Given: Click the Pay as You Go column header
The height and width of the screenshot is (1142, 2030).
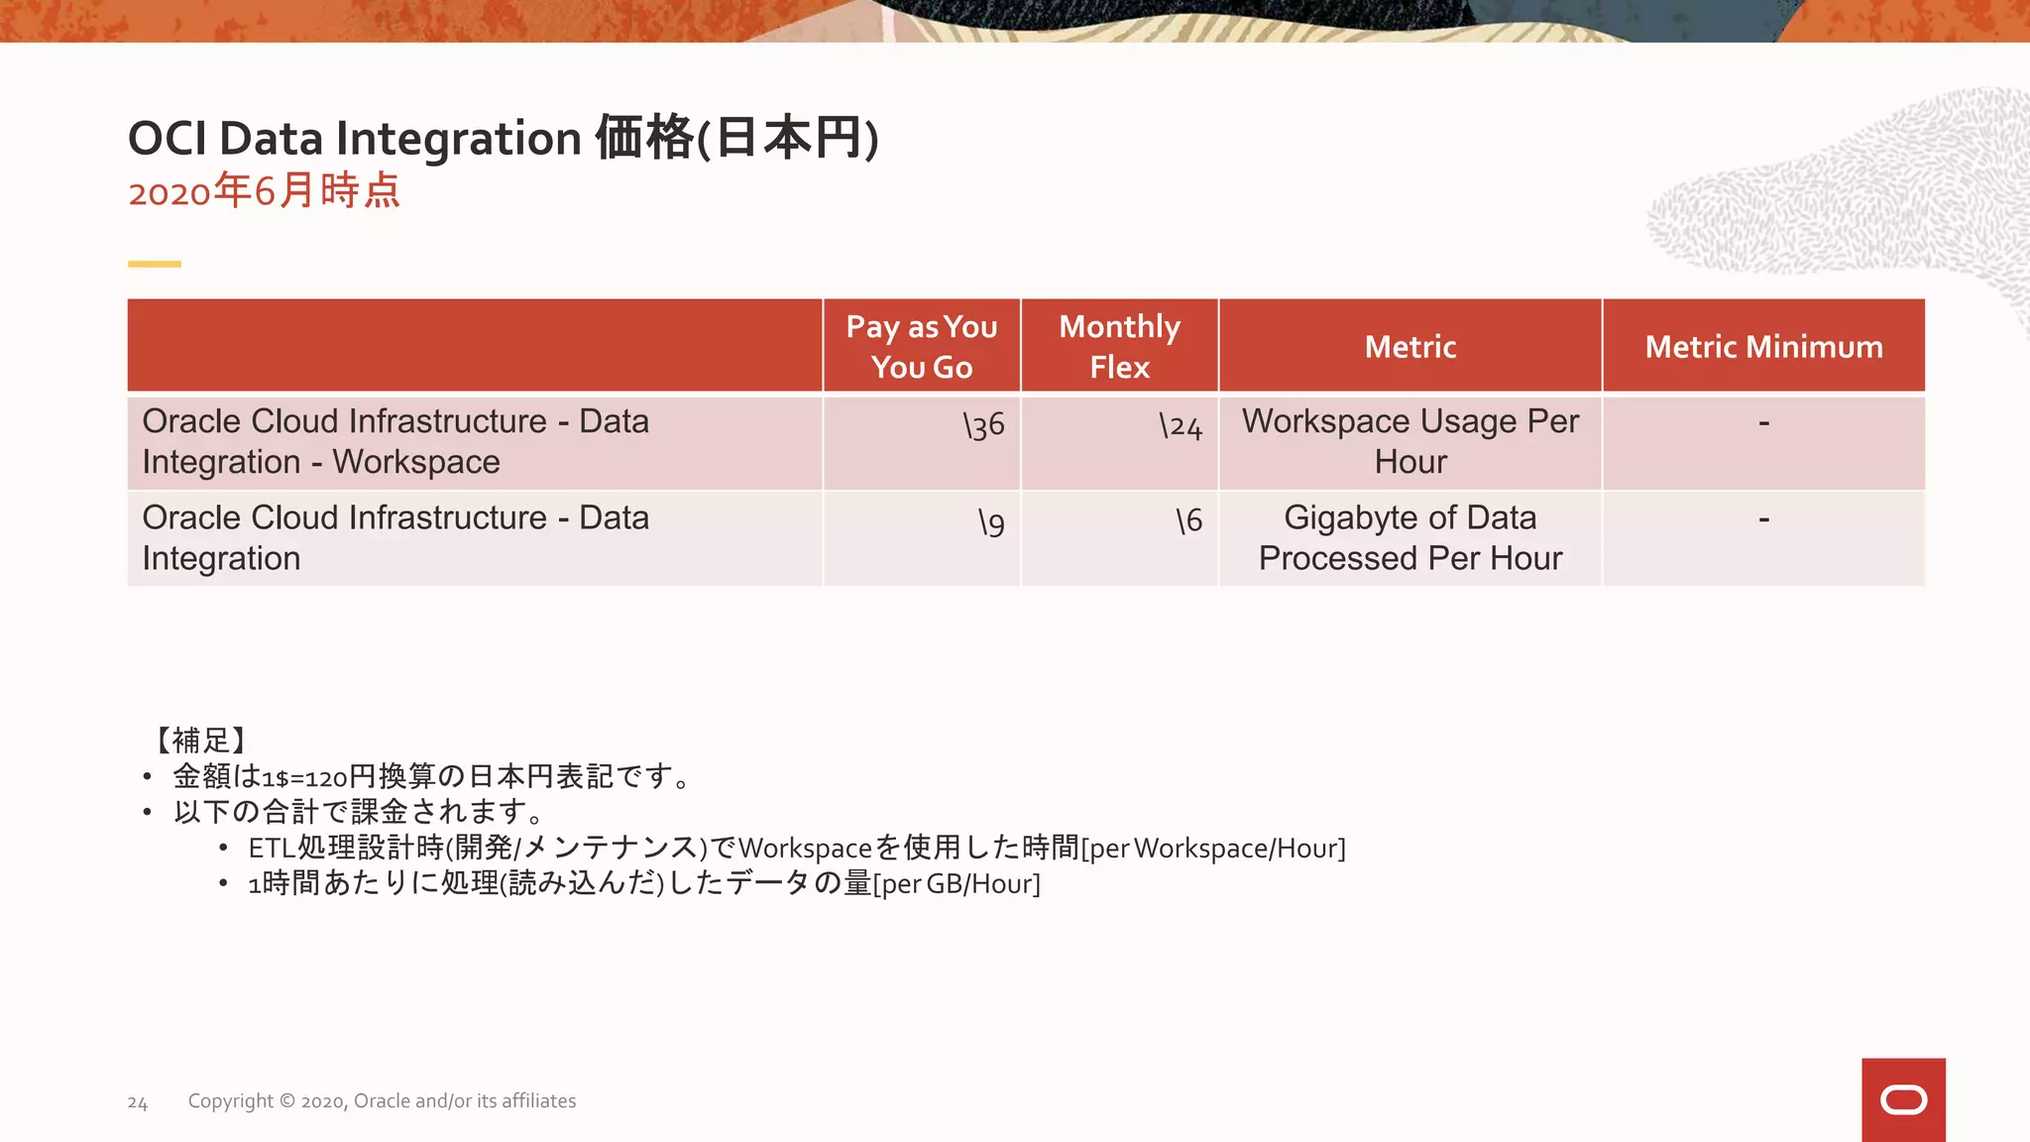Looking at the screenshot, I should (x=922, y=346).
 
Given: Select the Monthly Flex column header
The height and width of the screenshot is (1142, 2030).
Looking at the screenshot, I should (x=1119, y=346).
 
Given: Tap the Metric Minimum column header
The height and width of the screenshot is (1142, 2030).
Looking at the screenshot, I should (x=1763, y=346).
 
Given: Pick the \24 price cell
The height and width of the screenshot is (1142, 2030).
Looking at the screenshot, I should (x=1181, y=426).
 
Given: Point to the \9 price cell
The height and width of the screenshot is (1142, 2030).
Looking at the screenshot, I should (x=991, y=522).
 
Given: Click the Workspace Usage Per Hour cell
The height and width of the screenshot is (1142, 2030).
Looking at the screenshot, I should (x=1410, y=441).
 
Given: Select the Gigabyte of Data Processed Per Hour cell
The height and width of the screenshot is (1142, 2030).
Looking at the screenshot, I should (x=1410, y=537).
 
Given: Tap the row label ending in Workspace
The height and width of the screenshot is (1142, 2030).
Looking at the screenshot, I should (x=396, y=441).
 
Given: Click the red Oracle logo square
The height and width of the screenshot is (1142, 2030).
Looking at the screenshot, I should (x=1903, y=1099).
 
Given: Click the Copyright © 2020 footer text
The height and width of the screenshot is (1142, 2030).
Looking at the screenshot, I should (x=382, y=1101).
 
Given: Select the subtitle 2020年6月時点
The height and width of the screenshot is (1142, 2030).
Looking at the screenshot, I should (x=264, y=190).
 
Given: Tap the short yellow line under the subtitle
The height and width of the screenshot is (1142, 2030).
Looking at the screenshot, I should (x=155, y=264).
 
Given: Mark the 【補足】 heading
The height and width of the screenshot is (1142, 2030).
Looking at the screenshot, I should (x=200, y=740).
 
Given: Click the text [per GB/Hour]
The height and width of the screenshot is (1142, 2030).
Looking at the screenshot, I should (x=957, y=883).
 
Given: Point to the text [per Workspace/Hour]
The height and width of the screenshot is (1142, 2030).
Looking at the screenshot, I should (x=1213, y=849).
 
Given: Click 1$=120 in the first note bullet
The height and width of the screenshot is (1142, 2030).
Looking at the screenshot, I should (x=304, y=777).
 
